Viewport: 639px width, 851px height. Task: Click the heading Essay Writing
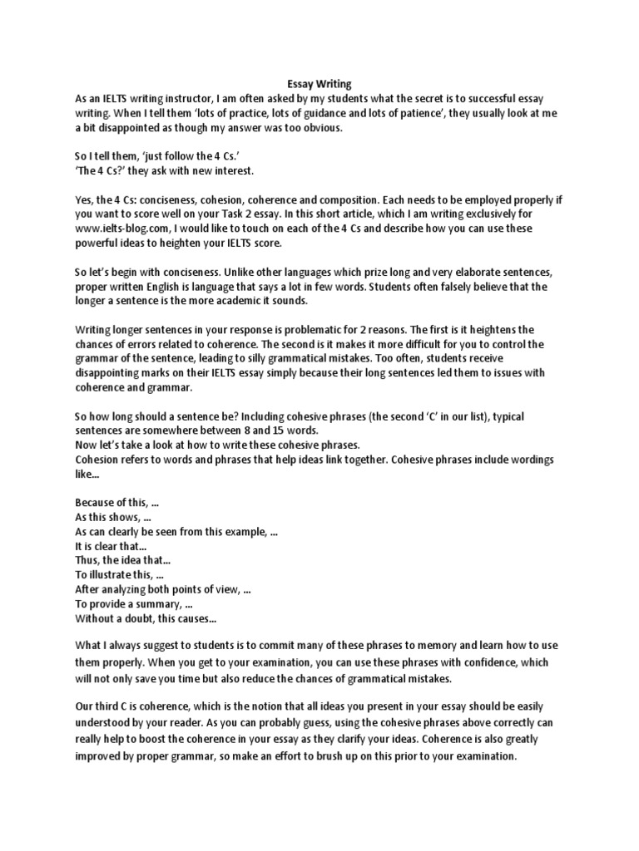(319, 84)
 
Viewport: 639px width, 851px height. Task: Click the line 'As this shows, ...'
(112, 517)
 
